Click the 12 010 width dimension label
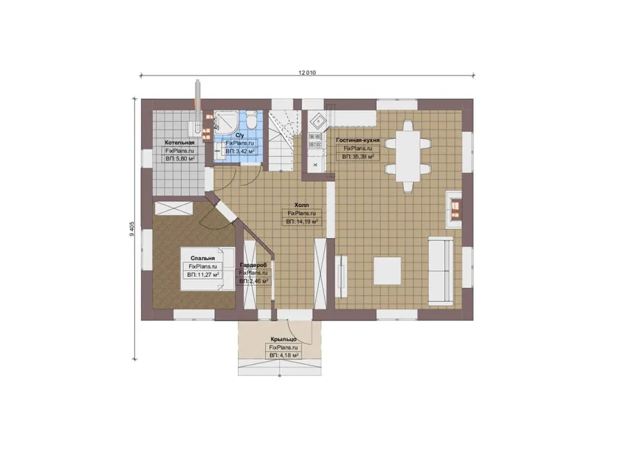307,73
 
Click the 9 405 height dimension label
132,228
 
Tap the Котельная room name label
180,143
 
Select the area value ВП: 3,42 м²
240,152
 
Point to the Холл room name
301,205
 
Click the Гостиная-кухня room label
358,140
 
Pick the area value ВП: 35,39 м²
358,157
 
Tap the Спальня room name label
202,258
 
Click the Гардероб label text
254,265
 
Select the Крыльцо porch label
283,339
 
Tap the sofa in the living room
440,271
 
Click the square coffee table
387,271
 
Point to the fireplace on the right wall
454,210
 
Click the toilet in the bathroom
252,120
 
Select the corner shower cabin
226,122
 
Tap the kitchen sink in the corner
318,120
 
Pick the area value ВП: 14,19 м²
301,221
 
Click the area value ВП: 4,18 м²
283,356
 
